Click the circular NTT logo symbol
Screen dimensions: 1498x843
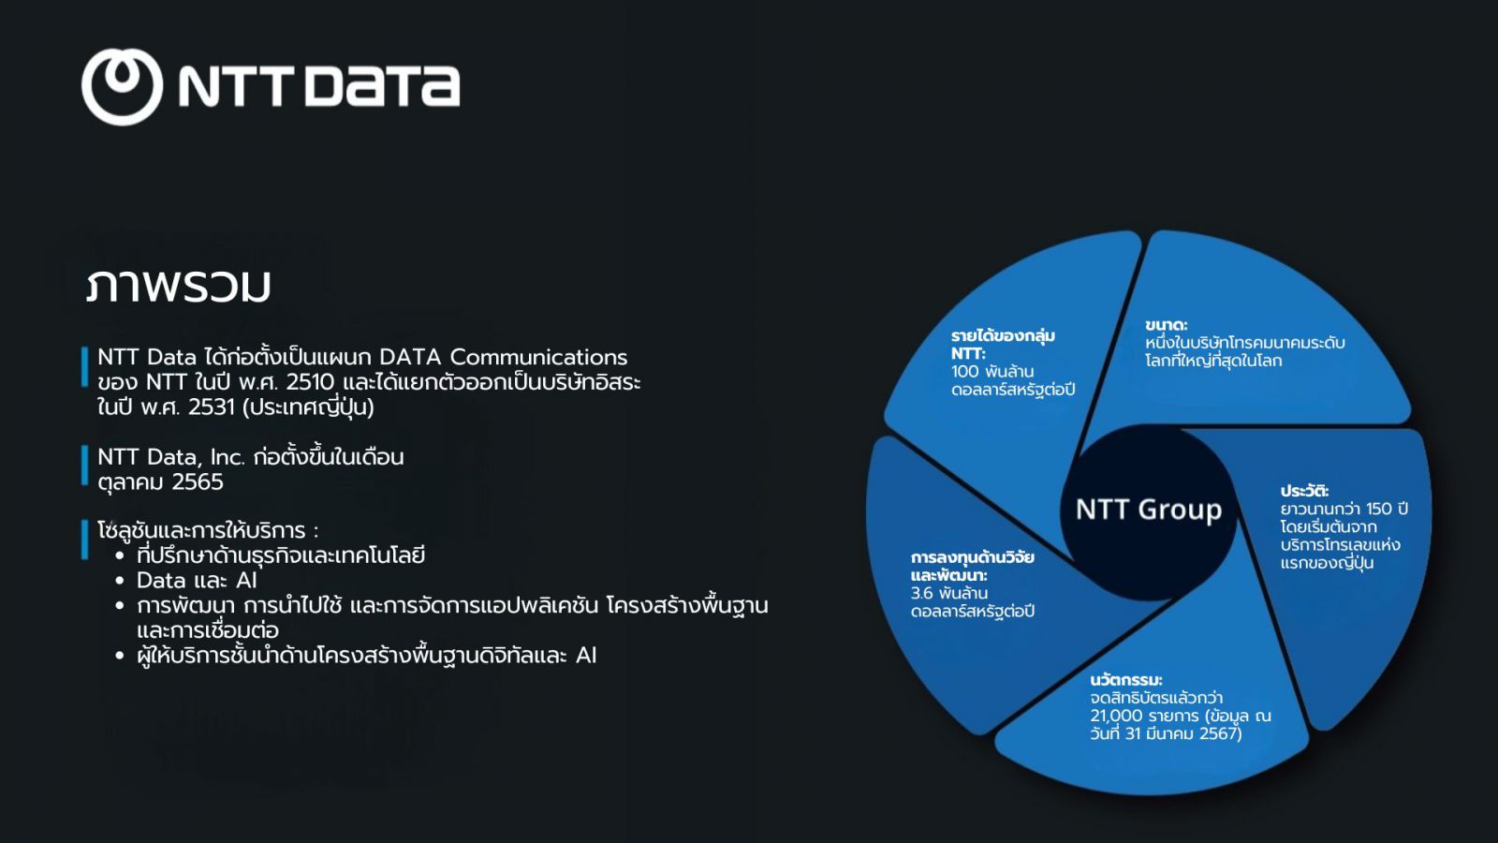click(122, 86)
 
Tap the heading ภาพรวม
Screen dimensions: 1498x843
click(179, 286)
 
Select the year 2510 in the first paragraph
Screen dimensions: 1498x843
click(310, 382)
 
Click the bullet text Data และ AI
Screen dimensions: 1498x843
click(197, 580)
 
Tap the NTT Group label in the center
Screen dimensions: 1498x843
click(1149, 510)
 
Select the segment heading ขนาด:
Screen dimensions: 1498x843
click(1166, 325)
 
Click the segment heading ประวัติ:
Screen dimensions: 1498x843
click(1304, 491)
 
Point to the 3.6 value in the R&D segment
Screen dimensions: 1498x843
click(922, 593)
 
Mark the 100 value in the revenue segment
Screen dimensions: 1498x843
click(964, 371)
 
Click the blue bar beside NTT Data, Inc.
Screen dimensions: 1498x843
click(85, 465)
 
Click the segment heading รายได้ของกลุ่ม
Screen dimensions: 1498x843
click(1003, 335)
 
